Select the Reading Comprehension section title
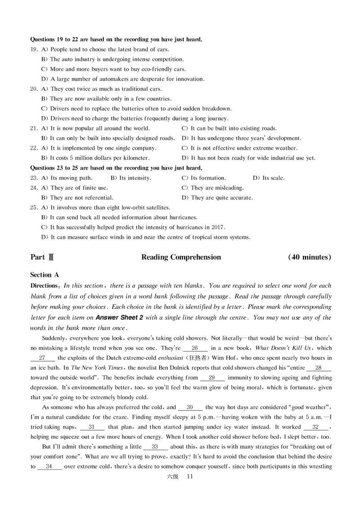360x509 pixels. [x=181, y=257]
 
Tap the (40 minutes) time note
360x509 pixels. [x=310, y=257]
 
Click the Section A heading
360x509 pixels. [x=45, y=275]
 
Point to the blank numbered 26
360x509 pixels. [x=195, y=348]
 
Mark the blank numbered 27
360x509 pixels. [x=42, y=358]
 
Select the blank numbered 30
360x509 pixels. [x=190, y=407]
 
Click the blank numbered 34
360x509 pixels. [x=49, y=467]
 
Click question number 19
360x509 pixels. [x=34, y=49]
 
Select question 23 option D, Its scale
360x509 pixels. [x=269, y=178]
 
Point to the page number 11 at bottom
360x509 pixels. [x=189, y=477]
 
